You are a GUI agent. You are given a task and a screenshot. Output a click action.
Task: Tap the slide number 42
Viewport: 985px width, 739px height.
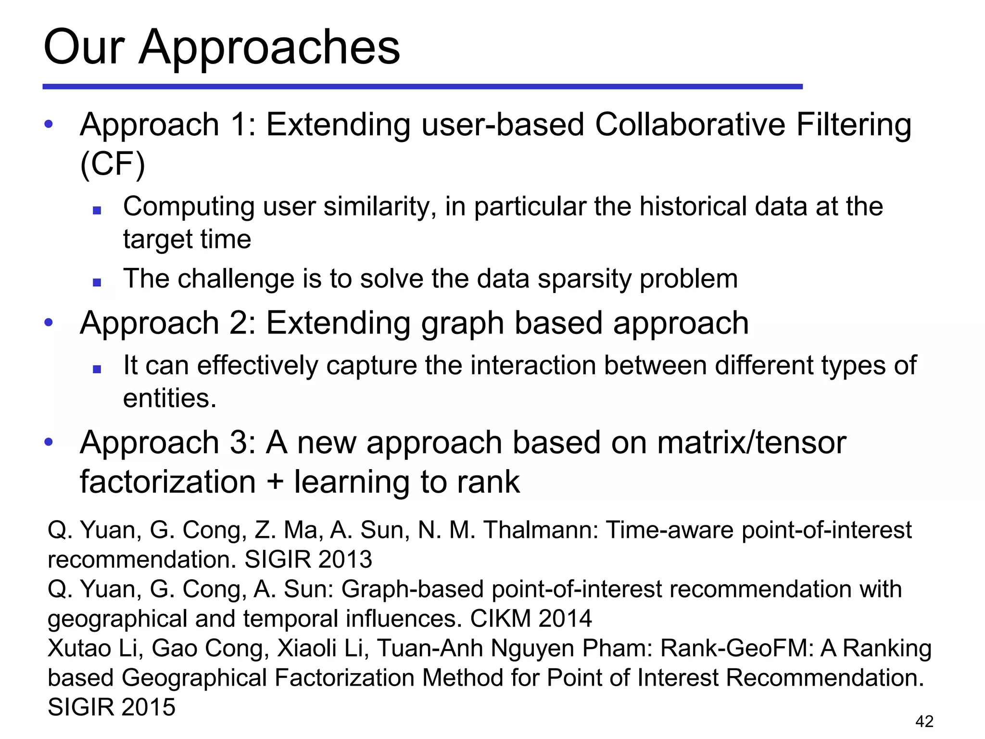924,721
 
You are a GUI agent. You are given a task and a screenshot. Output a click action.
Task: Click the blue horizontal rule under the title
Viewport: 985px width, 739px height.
422,87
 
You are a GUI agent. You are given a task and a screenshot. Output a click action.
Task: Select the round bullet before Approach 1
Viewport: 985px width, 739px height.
49,125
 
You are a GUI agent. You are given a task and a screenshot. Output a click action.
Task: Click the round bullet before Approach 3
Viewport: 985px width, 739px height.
49,442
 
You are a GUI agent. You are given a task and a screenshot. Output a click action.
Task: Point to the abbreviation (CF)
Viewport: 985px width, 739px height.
113,165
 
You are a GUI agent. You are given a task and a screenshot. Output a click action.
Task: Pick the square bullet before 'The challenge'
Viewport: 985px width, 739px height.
97,282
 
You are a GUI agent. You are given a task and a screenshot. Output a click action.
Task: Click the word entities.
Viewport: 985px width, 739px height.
169,399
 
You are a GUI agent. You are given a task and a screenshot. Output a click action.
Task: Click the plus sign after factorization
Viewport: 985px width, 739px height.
275,482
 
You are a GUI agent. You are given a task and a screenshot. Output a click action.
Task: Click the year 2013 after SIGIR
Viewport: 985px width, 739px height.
345,560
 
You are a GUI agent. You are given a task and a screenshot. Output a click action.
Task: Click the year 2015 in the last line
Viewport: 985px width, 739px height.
148,707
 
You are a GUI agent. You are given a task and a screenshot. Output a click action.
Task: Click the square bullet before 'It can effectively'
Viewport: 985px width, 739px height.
97,369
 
